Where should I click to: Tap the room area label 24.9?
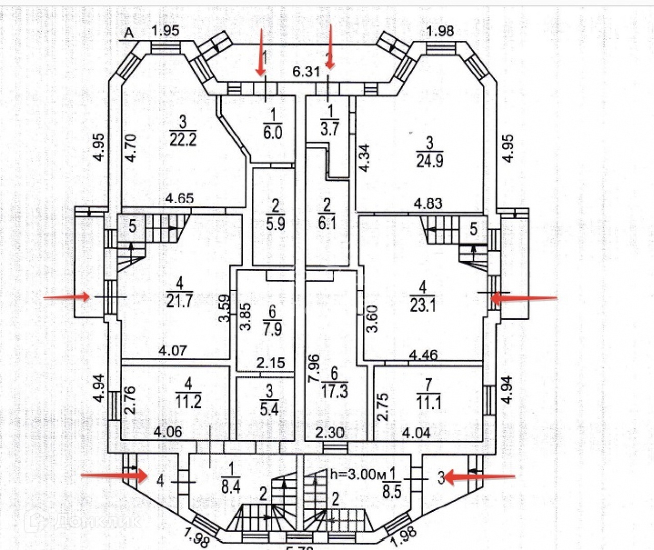pyautogui.click(x=429, y=160)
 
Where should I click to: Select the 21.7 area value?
pyautogui.click(x=179, y=300)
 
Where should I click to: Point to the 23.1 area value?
pyautogui.click(x=423, y=305)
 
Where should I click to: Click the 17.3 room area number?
pyautogui.click(x=335, y=392)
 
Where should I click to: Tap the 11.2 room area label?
pyautogui.click(x=189, y=401)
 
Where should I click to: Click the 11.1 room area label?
pyautogui.click(x=429, y=403)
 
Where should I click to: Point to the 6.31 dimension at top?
pyautogui.click(x=306, y=71)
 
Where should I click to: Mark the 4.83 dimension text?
pyautogui.click(x=428, y=204)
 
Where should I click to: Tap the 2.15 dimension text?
pyautogui.click(x=271, y=363)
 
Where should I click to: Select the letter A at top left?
pyautogui.click(x=129, y=34)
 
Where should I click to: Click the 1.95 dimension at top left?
pyautogui.click(x=166, y=31)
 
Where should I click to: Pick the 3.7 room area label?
pyautogui.click(x=330, y=128)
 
